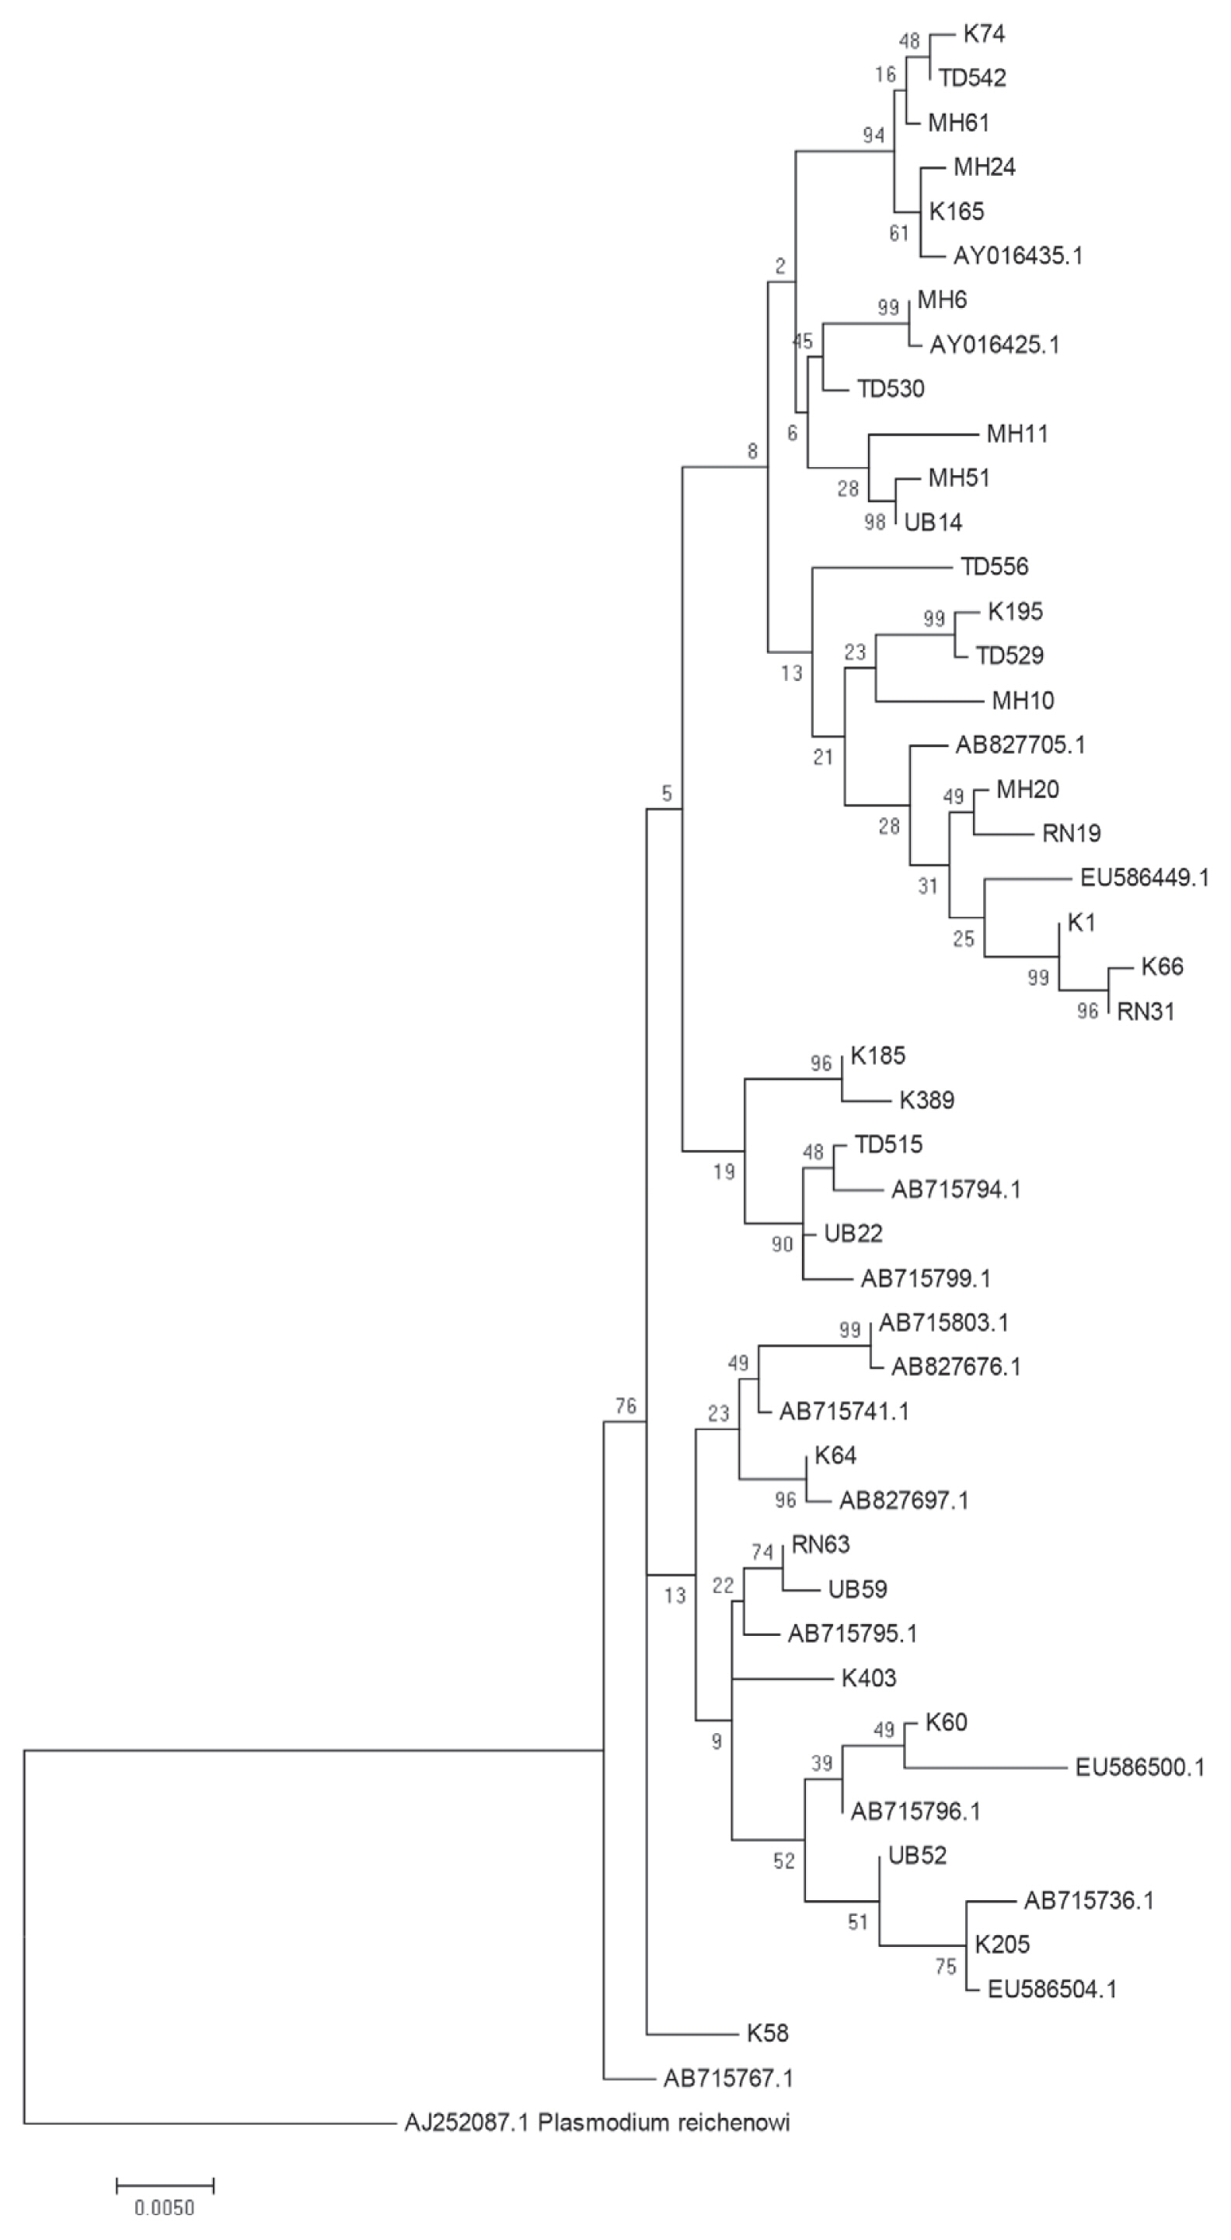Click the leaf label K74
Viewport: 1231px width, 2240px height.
(x=983, y=34)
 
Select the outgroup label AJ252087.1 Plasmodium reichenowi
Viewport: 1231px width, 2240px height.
(x=598, y=2123)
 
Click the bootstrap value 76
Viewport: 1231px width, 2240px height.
(x=626, y=1405)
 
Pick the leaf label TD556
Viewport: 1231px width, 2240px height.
(x=995, y=567)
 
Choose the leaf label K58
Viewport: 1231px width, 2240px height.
(x=768, y=2033)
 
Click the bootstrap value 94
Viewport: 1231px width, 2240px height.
(x=873, y=135)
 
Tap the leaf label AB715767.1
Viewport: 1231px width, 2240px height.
(x=728, y=2078)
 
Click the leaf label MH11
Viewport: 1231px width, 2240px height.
(x=1017, y=433)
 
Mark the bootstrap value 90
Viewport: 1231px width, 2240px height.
(x=782, y=1244)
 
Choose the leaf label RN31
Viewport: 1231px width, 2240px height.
(x=1146, y=1012)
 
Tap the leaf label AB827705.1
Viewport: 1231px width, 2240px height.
(x=1020, y=744)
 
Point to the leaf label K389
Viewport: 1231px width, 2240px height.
(x=926, y=1100)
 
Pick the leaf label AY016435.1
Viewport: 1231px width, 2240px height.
(x=1018, y=256)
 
